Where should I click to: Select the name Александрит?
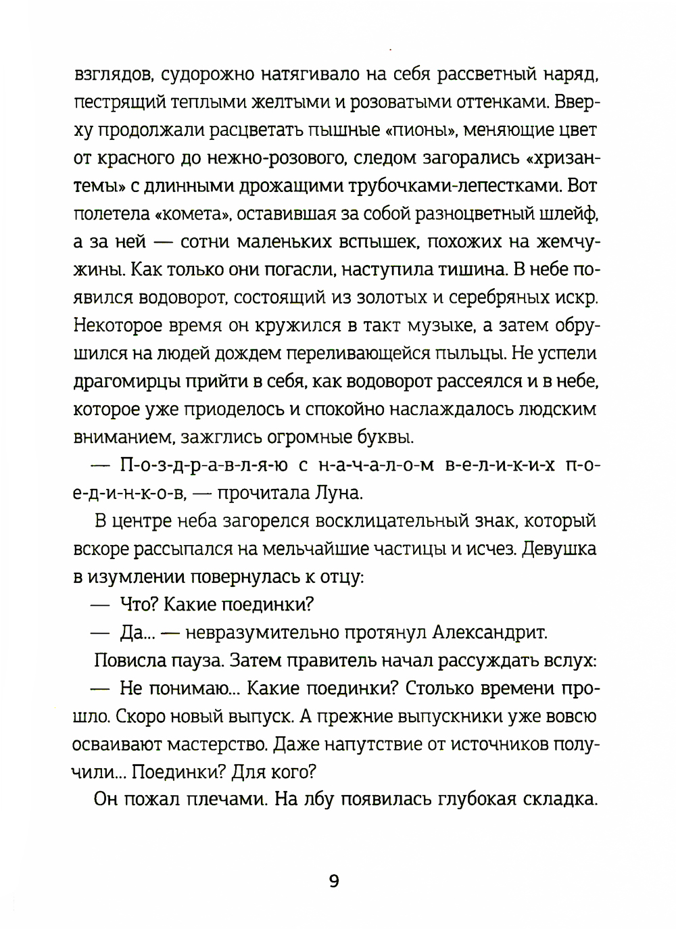(x=489, y=632)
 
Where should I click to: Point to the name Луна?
(x=337, y=493)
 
